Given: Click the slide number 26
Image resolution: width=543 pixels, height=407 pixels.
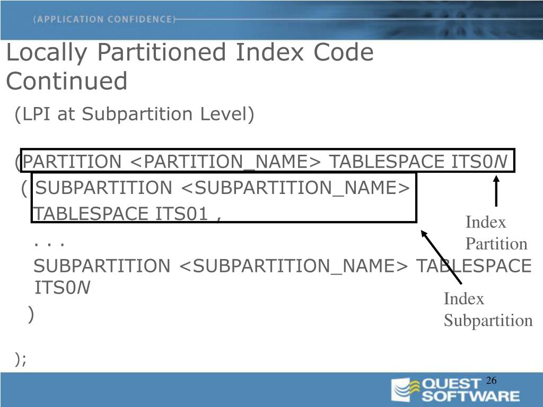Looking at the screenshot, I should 491,381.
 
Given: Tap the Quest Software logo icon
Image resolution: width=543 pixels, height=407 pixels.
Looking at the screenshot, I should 401,390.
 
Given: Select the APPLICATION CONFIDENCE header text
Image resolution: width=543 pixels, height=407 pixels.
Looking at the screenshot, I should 104,20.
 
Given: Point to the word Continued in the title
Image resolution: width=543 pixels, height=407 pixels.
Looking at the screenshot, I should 67,81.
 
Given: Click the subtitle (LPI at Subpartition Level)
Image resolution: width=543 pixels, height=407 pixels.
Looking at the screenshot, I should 135,114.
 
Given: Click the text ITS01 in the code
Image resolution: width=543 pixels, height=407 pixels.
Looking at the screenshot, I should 181,214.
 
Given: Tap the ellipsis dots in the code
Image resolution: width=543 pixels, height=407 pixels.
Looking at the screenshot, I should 49,244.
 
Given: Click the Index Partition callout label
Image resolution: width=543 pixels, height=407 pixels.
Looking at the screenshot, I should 496,233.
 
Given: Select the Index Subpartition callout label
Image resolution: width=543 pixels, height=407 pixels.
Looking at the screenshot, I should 487,309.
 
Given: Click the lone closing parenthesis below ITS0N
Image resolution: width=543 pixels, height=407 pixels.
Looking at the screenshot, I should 31,315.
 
